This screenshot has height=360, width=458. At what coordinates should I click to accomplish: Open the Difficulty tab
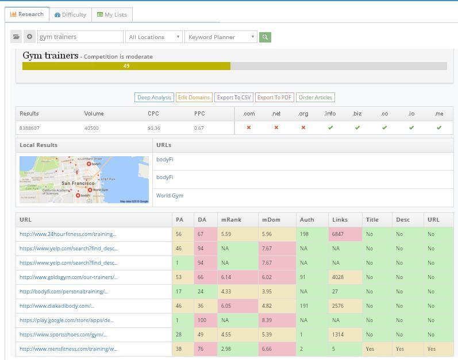click(x=70, y=14)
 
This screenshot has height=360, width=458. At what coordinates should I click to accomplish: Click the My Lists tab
click(x=112, y=14)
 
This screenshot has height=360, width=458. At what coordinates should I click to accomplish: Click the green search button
click(x=265, y=37)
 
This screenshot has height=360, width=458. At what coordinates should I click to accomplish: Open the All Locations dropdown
click(x=154, y=37)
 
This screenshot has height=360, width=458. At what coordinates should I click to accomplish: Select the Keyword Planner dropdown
click(x=221, y=37)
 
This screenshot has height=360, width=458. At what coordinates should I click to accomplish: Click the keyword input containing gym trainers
click(x=80, y=37)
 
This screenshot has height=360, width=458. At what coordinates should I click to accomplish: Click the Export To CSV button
click(x=233, y=98)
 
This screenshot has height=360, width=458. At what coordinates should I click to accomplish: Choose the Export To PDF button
click(x=274, y=98)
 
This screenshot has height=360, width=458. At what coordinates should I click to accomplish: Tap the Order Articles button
click(x=315, y=98)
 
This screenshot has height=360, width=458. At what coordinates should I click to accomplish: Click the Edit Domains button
click(x=193, y=98)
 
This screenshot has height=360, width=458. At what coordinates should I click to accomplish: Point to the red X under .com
click(x=248, y=127)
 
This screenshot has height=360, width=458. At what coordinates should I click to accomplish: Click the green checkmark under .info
click(x=330, y=127)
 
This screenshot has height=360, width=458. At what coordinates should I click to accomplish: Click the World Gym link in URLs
click(x=170, y=196)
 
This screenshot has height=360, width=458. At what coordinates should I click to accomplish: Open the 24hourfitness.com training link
click(x=68, y=234)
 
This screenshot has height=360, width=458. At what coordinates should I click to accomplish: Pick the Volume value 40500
click(x=91, y=128)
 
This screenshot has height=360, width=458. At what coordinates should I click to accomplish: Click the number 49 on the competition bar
click(x=126, y=66)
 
